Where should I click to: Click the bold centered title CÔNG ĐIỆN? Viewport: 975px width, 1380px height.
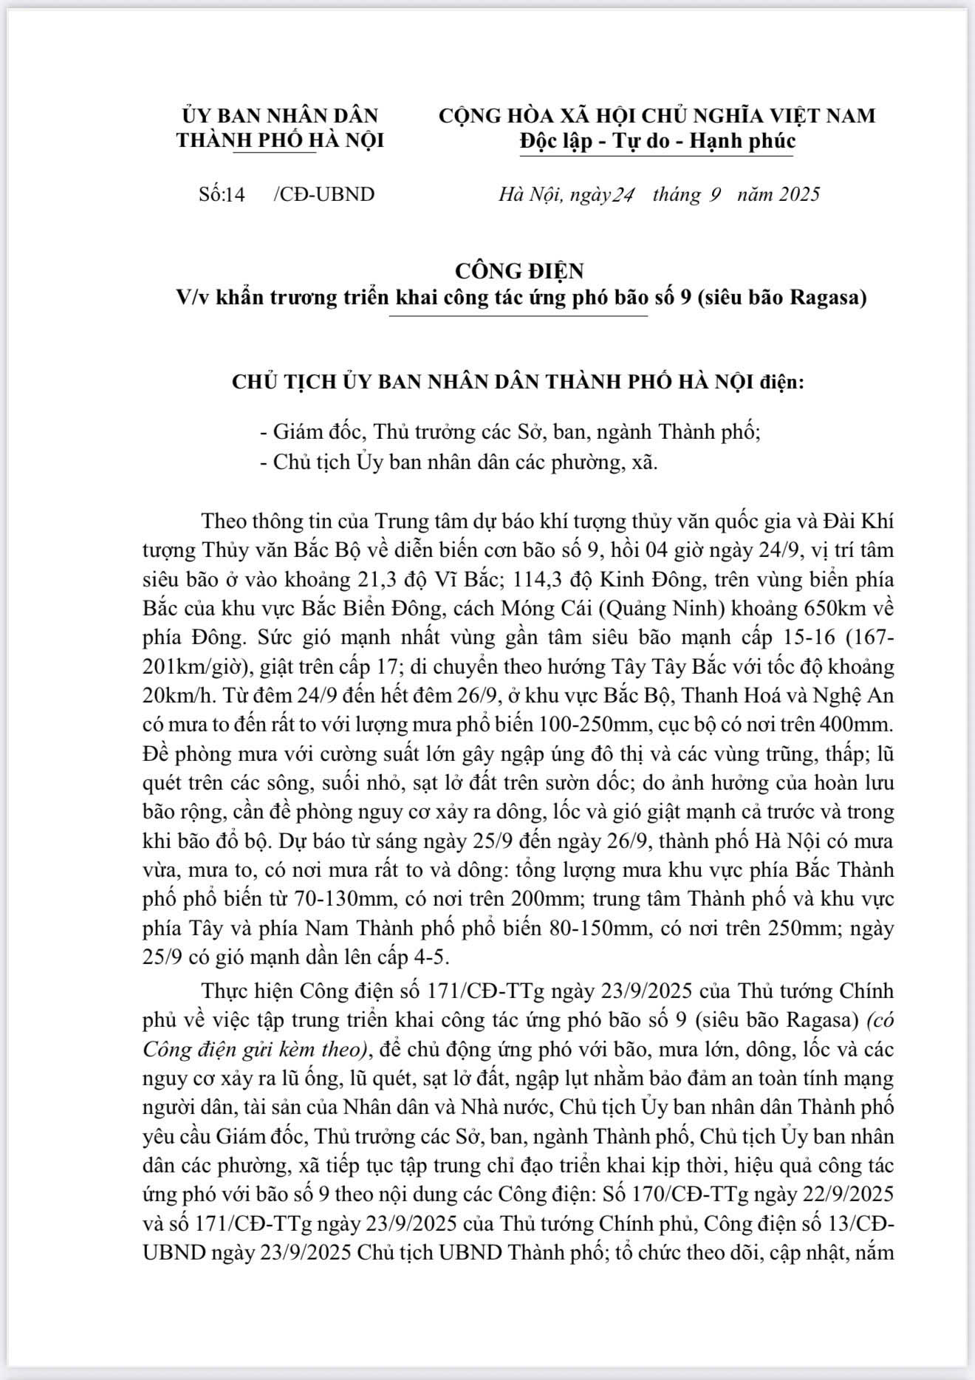click(x=519, y=270)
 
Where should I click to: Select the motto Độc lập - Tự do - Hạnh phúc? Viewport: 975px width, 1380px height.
click(x=657, y=140)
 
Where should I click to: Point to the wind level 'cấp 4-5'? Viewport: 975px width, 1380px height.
click(x=407, y=957)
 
